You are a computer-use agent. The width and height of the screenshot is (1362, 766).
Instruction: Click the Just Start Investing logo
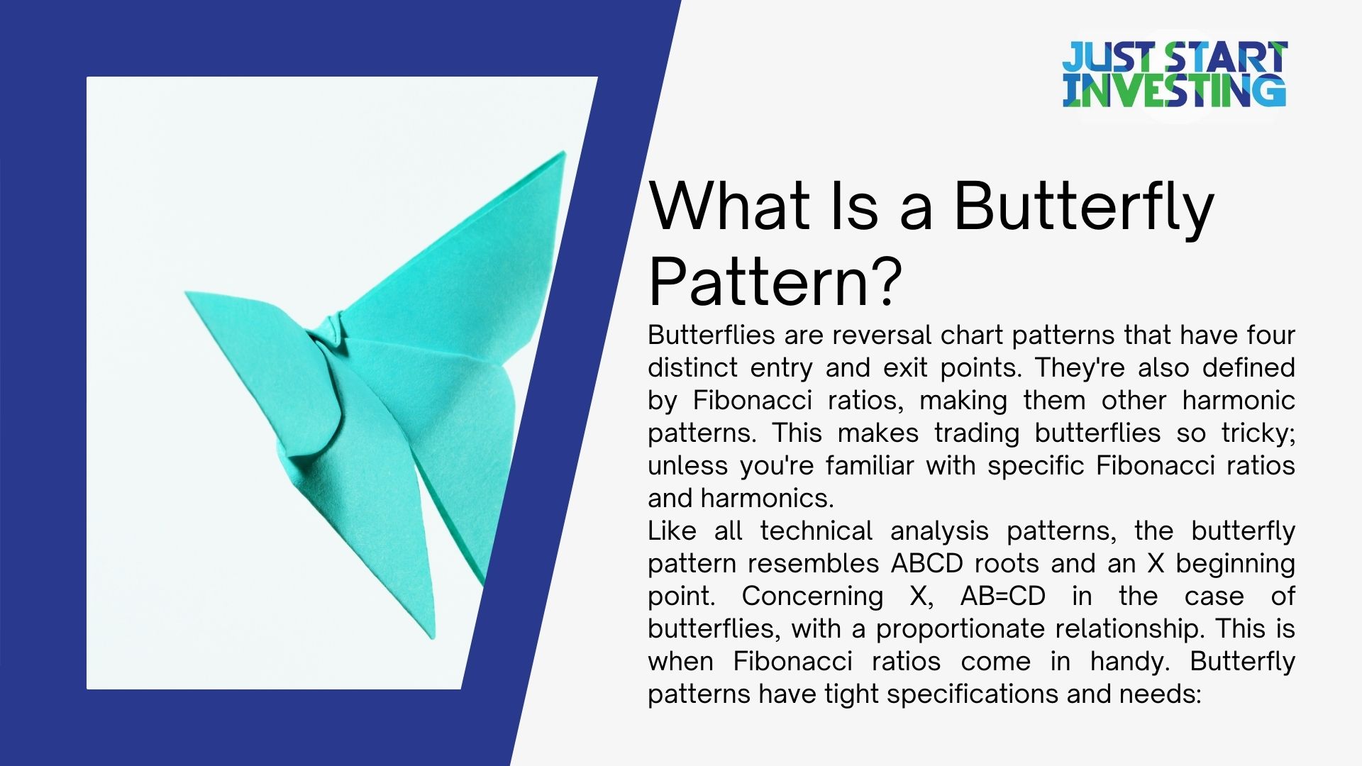[1174, 74]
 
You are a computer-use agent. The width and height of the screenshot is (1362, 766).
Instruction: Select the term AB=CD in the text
[1002, 596]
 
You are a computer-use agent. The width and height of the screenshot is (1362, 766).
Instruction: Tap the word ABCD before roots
[926, 563]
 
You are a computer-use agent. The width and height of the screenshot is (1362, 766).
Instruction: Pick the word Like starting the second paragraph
[672, 531]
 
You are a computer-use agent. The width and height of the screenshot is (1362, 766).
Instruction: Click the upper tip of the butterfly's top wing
[563, 154]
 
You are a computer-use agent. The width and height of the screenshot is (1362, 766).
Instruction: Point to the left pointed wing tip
[189, 293]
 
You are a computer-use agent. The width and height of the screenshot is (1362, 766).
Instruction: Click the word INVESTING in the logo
[1174, 91]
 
